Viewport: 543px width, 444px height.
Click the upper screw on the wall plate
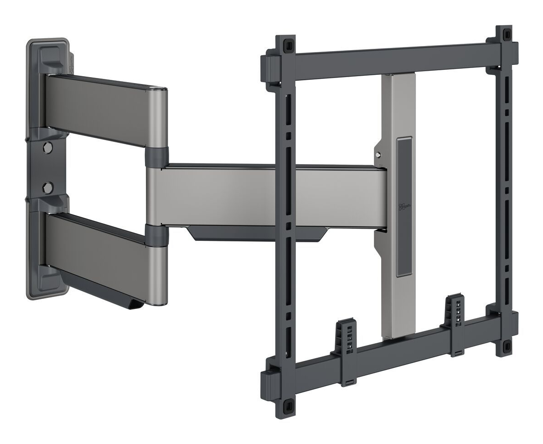point(47,147)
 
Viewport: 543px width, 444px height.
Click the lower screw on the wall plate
point(47,187)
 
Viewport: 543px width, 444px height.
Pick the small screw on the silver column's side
point(378,155)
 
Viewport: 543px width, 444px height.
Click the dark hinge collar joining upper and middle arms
point(156,156)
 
